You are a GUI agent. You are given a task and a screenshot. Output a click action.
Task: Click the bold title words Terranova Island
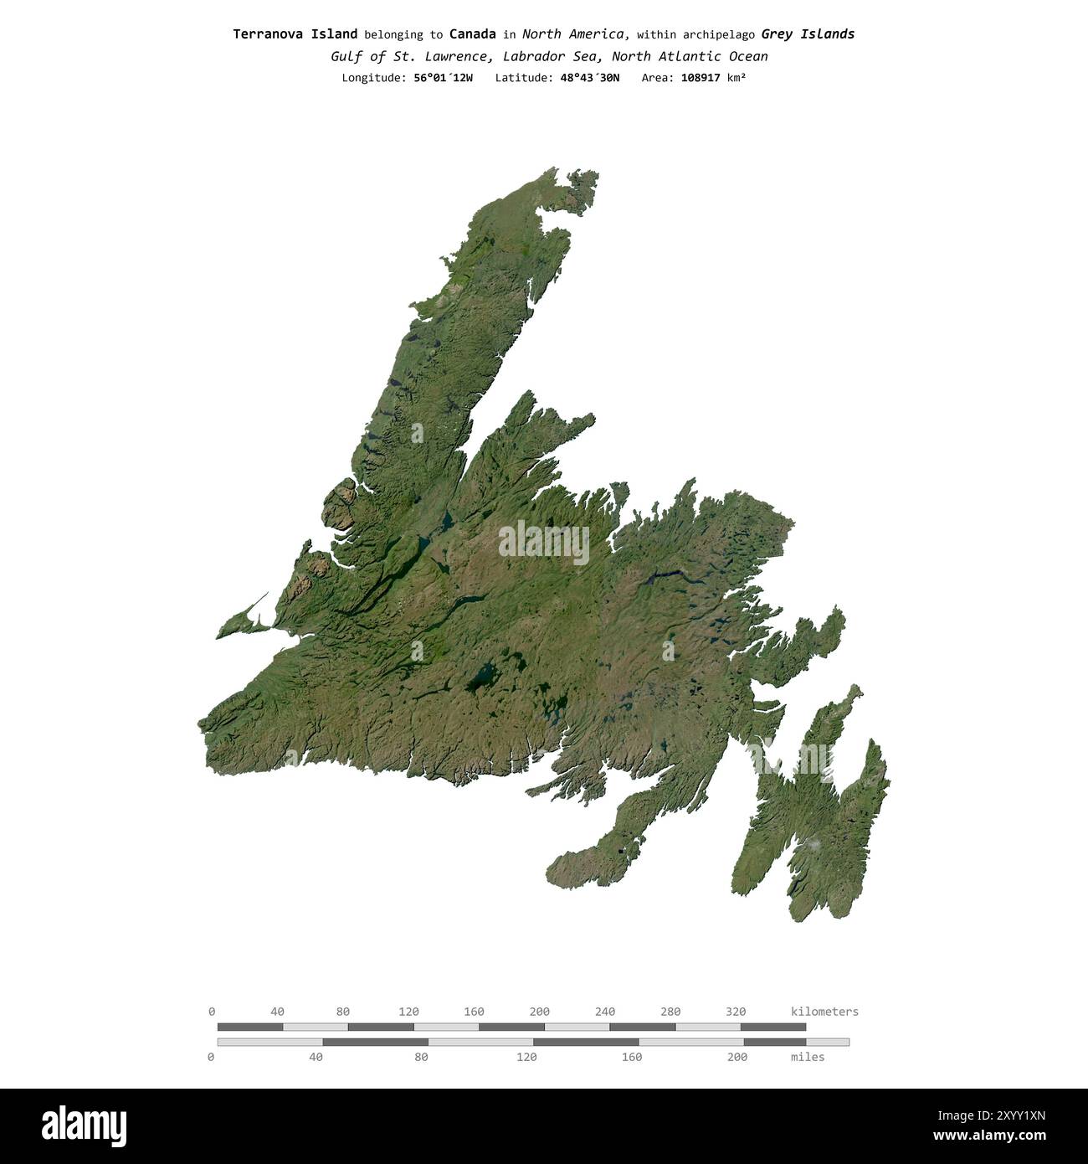[295, 34]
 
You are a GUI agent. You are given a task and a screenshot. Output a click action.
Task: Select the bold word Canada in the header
[472, 34]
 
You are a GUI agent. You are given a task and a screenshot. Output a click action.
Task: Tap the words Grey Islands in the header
[808, 34]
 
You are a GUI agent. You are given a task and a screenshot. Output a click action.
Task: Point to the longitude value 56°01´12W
[443, 78]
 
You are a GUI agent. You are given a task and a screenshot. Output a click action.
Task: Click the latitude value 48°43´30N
[589, 78]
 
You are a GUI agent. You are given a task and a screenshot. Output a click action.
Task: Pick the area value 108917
[701, 78]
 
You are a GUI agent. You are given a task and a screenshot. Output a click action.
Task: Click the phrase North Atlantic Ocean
[690, 57]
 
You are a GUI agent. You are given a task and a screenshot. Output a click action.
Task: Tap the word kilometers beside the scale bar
[824, 1012]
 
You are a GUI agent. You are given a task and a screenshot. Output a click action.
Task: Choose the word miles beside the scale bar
[807, 1057]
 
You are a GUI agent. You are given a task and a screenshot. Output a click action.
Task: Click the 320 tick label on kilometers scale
[735, 1012]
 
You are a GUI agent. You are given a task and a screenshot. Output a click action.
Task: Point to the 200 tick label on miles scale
[736, 1057]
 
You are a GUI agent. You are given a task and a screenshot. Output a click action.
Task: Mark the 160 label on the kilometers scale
[474, 1012]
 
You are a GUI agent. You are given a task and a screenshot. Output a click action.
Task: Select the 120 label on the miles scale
[526, 1057]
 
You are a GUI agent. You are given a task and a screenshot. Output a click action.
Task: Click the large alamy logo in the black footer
[85, 1125]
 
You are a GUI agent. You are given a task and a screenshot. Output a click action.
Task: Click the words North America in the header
[574, 34]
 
